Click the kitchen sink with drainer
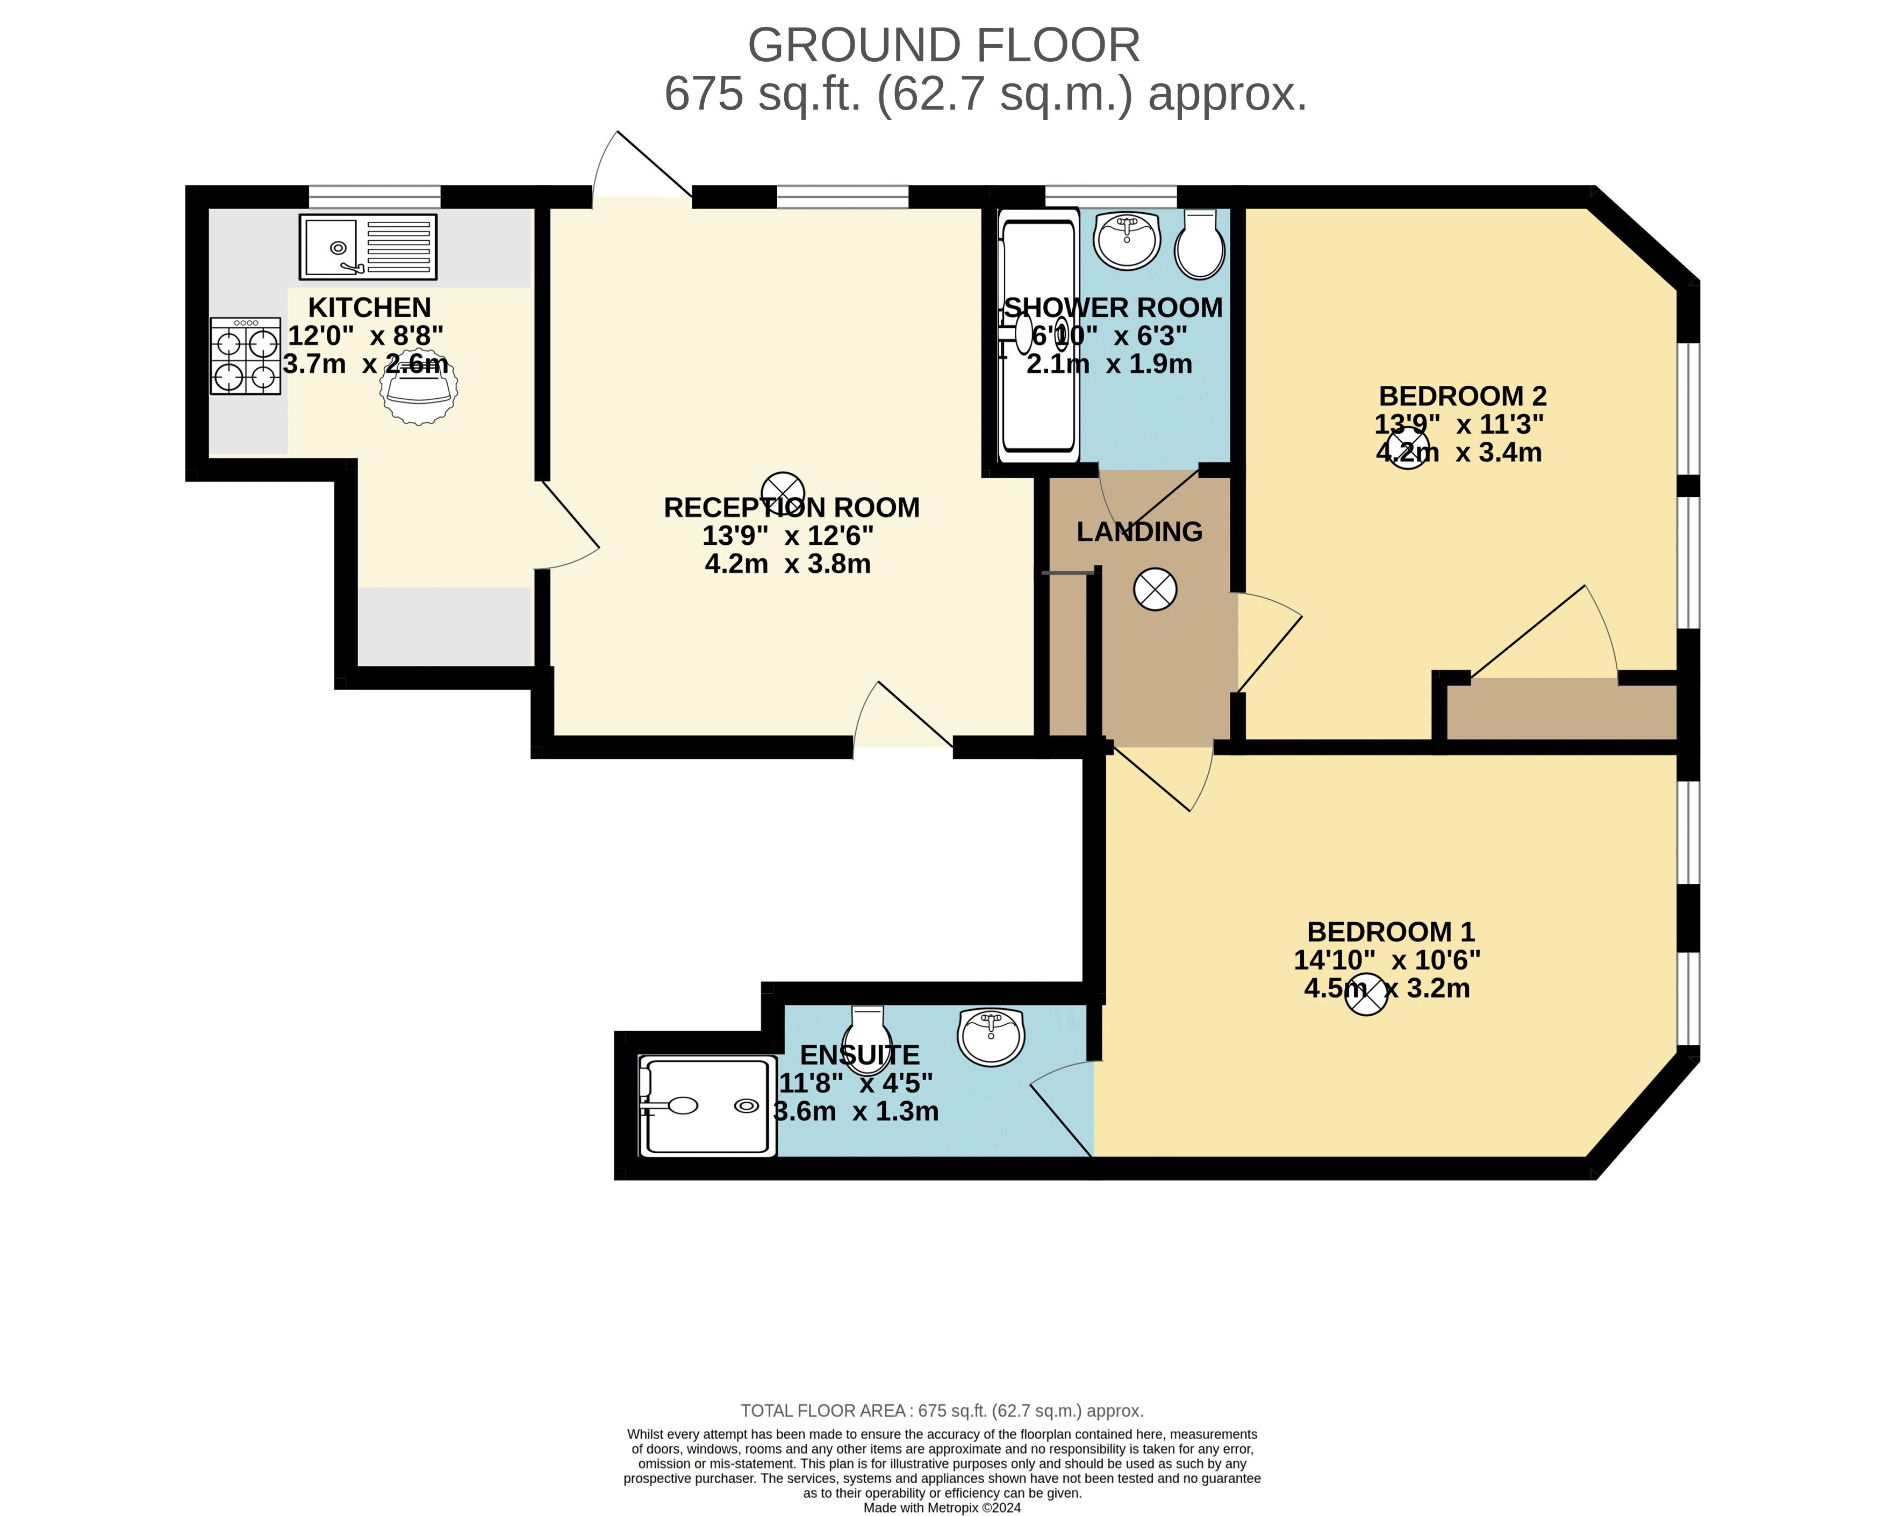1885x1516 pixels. tap(368, 247)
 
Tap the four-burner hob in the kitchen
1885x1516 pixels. tap(246, 356)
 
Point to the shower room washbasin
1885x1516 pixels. tap(1127, 240)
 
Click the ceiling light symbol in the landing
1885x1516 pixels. tap(1155, 590)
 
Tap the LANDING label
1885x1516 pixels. tap(1139, 531)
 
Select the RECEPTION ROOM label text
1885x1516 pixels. tap(791, 507)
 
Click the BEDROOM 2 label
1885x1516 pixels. tap(1463, 396)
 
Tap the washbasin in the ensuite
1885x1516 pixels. tap(992, 1037)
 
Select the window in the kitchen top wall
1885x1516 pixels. tap(374, 197)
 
